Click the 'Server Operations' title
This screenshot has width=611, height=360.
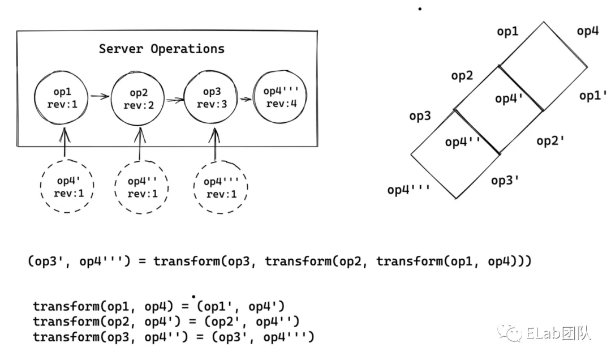click(x=162, y=49)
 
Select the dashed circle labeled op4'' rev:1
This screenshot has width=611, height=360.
click(x=142, y=187)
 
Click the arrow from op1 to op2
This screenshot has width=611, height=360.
click(x=100, y=97)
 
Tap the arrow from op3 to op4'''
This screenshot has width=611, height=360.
click(x=246, y=98)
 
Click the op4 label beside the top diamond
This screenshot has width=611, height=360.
click(x=588, y=32)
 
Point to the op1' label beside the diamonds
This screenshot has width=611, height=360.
click(x=593, y=96)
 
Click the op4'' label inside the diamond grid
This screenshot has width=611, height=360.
click(x=463, y=142)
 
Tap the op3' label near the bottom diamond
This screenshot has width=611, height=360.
click(x=505, y=181)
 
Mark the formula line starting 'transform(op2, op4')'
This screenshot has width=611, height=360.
click(x=166, y=322)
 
